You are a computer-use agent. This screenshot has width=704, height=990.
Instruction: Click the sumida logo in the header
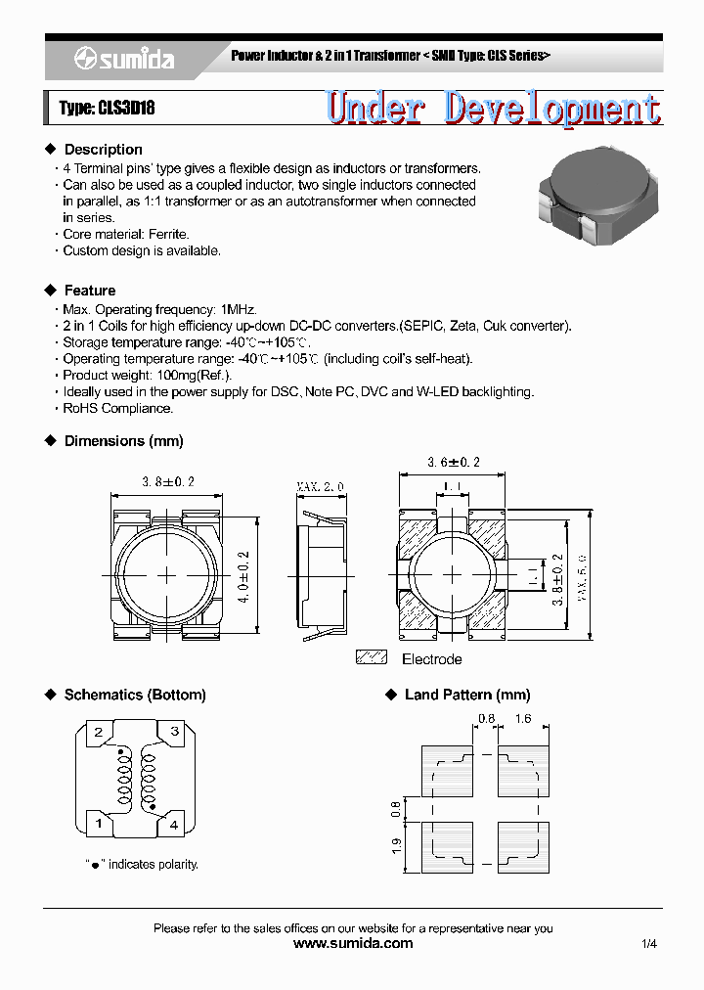point(124,60)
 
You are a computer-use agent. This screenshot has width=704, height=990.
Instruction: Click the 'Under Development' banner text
point(493,109)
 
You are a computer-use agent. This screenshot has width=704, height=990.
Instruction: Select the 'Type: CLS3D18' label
point(107,109)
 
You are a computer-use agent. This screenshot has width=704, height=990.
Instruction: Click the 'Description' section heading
point(103,150)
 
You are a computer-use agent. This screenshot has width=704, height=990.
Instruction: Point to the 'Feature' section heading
point(89,291)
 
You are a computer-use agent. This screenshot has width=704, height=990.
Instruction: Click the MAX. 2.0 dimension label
point(320,486)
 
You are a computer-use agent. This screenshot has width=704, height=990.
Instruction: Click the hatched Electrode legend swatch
point(372,658)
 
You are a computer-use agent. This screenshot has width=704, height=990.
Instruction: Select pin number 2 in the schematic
point(98,732)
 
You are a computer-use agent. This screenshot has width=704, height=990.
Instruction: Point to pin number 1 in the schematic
point(98,825)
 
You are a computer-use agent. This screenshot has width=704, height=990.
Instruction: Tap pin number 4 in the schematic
point(174,825)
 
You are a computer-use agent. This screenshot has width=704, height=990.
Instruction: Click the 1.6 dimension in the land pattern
point(522,719)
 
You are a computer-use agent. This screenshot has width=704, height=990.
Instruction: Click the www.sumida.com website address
point(353,944)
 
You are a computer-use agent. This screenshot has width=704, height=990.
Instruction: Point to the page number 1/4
point(650,944)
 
